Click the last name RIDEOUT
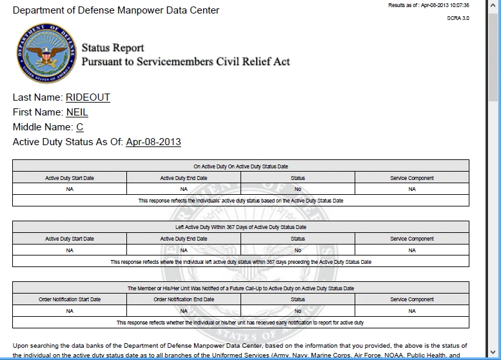(x=88, y=97)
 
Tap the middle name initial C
(x=80, y=127)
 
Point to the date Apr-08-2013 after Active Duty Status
(x=153, y=142)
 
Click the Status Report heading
(x=113, y=48)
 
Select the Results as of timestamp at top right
(x=429, y=5)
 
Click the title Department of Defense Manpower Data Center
(x=116, y=10)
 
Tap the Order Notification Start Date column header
(x=70, y=299)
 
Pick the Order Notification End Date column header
(x=184, y=299)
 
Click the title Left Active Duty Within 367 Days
(x=241, y=227)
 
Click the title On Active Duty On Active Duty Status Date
(x=241, y=166)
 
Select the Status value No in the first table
(x=298, y=189)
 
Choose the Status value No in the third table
(x=298, y=310)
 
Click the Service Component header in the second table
(x=412, y=239)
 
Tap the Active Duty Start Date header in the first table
(x=70, y=178)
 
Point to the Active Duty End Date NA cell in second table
(x=184, y=250)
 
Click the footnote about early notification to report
(x=241, y=322)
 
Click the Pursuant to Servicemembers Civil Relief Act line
(x=186, y=61)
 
